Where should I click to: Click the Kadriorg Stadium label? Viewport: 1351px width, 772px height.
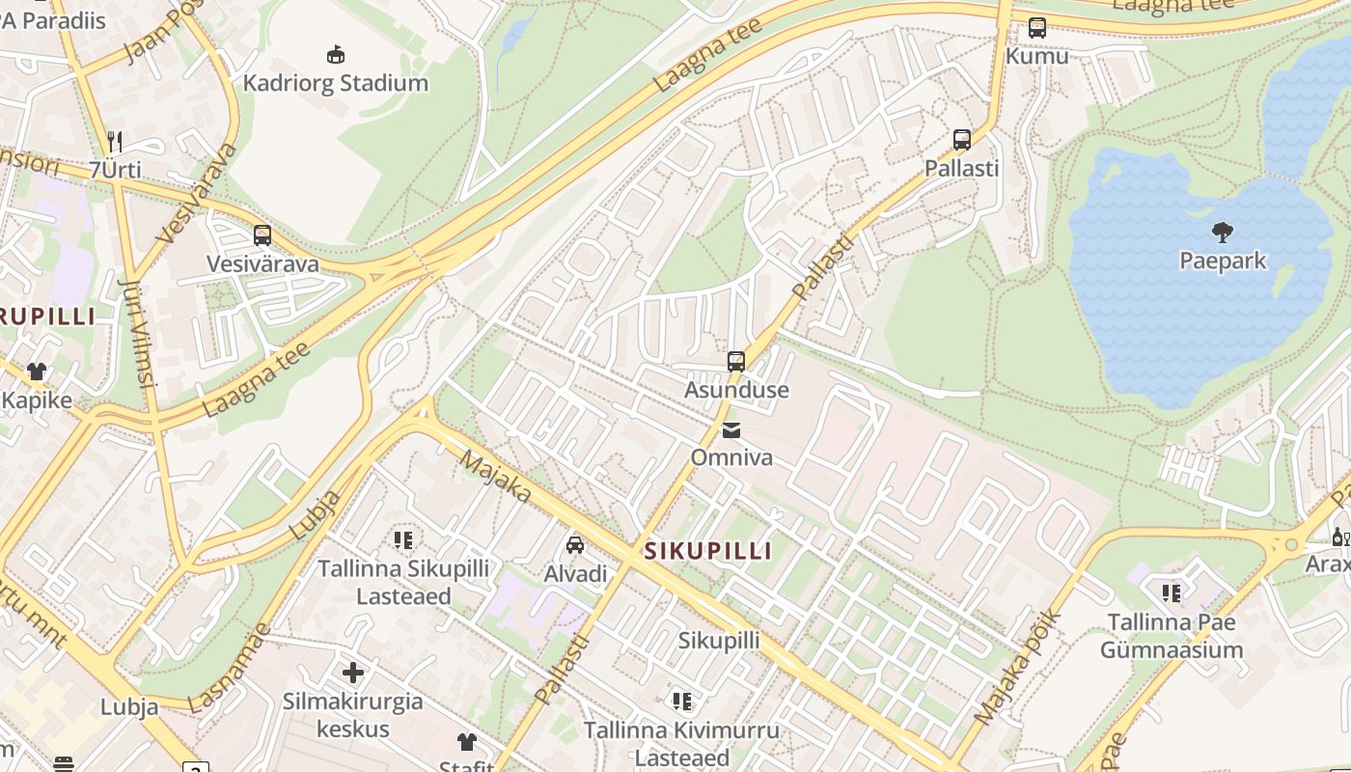335,83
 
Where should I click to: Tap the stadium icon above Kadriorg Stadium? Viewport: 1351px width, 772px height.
335,54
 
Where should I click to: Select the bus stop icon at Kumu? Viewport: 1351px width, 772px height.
1037,28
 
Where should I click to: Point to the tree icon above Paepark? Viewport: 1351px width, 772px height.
1223,232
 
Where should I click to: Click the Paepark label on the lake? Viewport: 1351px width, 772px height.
1223,261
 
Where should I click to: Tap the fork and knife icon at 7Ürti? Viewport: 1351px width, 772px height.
115,142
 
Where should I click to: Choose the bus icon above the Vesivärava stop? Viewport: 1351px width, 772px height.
262,235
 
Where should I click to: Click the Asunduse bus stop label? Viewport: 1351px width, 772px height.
736,390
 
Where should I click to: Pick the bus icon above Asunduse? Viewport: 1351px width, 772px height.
736,362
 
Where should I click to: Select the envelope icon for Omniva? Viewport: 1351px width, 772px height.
731,429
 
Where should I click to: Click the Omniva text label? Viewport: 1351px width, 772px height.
731,457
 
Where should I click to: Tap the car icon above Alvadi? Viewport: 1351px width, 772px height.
575,545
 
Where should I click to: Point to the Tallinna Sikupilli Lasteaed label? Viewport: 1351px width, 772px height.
403,583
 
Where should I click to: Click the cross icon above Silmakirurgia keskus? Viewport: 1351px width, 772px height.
353,672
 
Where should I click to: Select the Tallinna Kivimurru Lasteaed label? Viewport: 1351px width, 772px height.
681,744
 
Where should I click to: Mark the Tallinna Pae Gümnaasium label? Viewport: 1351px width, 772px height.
1172,636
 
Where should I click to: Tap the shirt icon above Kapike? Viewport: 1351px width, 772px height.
37,372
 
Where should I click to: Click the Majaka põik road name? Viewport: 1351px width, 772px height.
1018,668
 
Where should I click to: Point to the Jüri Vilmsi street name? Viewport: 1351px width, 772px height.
141,333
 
